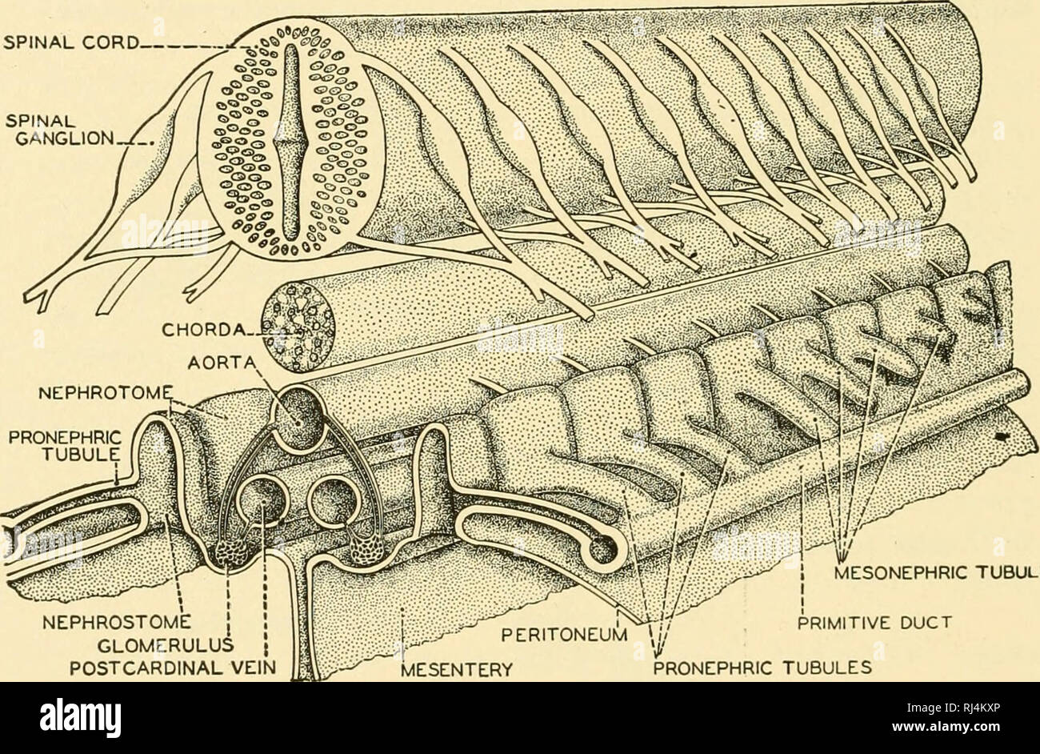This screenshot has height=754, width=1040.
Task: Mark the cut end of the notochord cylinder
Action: (x=295, y=327)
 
